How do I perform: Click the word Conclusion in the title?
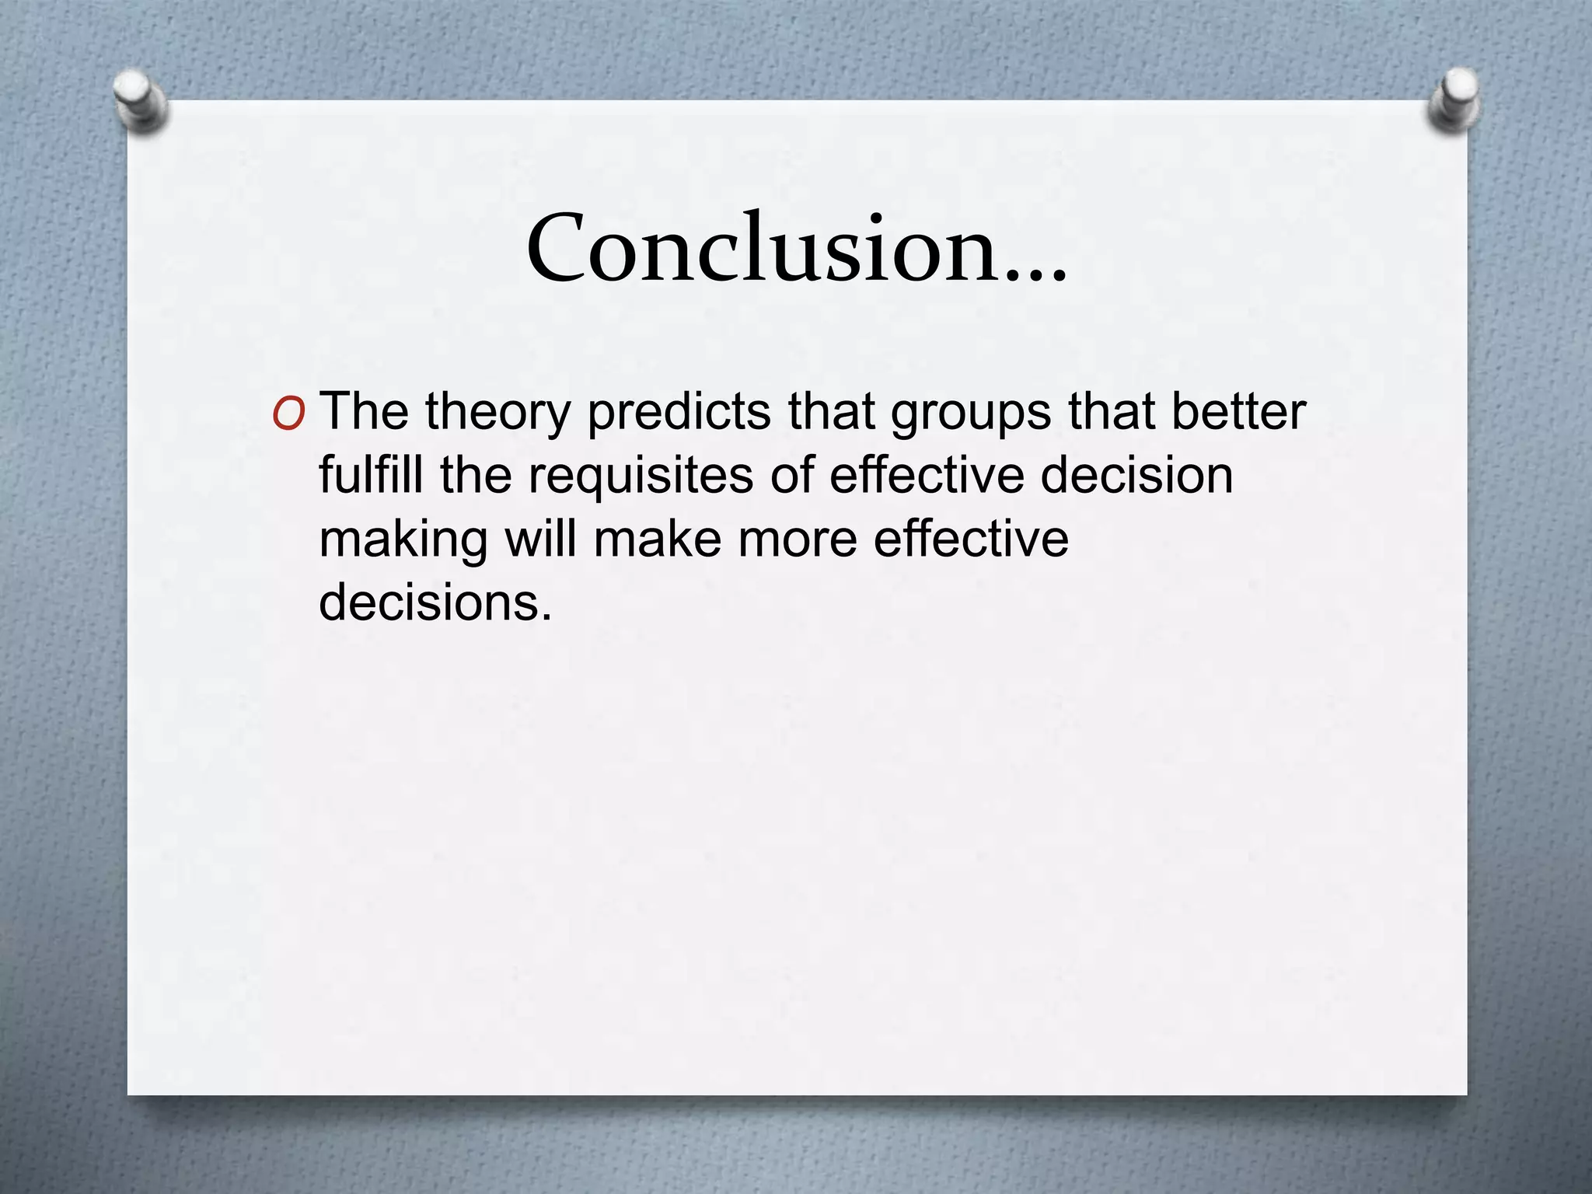[762, 249]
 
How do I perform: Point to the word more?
[797, 539]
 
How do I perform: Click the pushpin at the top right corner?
[1454, 99]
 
